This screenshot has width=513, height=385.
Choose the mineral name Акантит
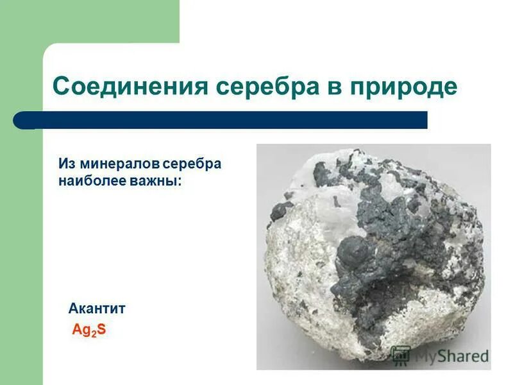click(97, 309)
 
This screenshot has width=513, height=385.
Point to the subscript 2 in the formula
click(92, 334)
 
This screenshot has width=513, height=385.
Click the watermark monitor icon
click(401, 355)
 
